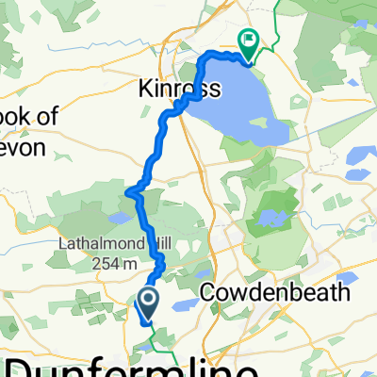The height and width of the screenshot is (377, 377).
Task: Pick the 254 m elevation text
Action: [122, 265]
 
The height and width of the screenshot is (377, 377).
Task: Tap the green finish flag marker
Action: [250, 42]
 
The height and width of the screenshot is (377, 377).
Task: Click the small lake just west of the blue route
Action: [120, 218]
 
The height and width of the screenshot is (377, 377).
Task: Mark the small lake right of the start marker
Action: [185, 303]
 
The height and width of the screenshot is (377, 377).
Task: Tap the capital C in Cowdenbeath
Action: [209, 293]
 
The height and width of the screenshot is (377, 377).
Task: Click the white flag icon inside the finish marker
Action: [250, 41]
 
